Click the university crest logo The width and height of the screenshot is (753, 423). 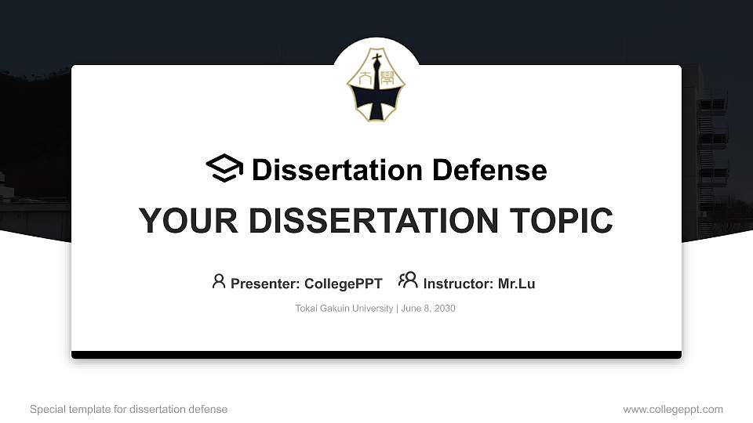pos(376,85)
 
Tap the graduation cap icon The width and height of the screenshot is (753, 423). pos(224,168)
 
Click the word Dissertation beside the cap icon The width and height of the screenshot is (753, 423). pos(337,170)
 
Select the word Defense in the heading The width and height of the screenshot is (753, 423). pos(489,170)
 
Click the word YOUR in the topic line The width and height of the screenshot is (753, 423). pos(188,221)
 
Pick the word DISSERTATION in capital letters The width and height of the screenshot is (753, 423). pos(373,221)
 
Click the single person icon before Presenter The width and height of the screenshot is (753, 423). pos(219,281)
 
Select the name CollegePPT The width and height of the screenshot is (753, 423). pos(344,284)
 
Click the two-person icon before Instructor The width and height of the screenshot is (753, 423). pos(408,280)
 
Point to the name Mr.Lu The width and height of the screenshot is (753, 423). pos(516,284)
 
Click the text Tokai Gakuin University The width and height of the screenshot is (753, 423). pos(344,309)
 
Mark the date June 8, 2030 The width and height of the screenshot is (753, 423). pos(428,309)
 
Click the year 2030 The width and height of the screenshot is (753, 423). pos(445,309)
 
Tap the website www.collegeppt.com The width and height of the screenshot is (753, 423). pos(673,410)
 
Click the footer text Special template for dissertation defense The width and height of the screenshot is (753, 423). pos(129,409)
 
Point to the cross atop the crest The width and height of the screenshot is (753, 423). pos(377,59)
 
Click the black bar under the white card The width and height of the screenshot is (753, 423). pos(376,355)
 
